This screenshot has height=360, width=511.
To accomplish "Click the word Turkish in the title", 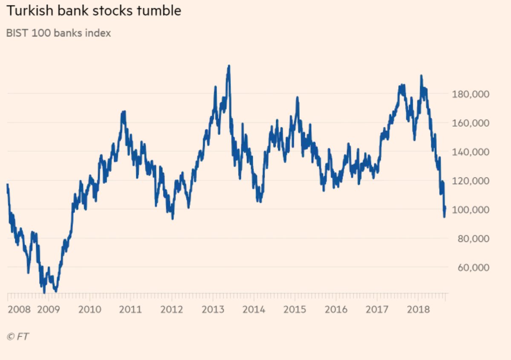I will [30, 11].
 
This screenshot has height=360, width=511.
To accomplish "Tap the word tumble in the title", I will [159, 11].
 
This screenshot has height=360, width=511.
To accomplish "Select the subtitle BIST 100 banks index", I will [58, 33].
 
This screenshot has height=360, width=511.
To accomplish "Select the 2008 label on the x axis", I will [19, 309].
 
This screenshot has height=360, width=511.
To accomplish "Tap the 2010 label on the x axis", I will [89, 309].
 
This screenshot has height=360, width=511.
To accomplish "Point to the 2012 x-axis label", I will [172, 309].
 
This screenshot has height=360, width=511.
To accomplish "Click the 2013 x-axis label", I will [213, 309].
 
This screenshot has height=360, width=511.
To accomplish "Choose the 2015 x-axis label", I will [295, 309].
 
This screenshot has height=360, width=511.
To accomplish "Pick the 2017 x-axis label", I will [377, 309].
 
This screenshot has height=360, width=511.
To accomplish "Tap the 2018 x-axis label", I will [418, 309].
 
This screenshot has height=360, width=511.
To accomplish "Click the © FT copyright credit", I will [18, 337].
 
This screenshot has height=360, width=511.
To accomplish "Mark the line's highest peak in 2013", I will [229, 66].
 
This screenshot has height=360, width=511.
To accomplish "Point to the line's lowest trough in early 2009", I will [44, 293].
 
